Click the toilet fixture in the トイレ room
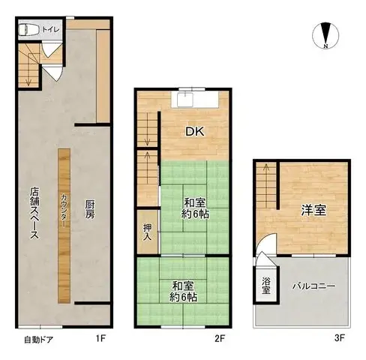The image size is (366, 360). tap(29, 30)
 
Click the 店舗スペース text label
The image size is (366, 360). tap(34, 212)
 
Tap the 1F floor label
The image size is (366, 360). tap(100, 338)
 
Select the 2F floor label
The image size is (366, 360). tap(220, 338)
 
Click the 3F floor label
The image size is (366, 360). tap(339, 338)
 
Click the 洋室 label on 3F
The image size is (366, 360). tap(315, 210)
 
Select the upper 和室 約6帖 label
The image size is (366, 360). tap(195, 207)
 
